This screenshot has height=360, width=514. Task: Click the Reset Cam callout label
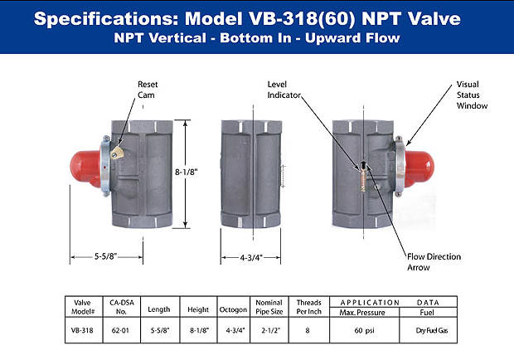pos(148,90)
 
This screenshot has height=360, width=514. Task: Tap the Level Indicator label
pos(284,90)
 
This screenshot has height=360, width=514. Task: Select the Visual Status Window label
pos(472,95)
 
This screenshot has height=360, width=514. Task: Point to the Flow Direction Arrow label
pos(434,262)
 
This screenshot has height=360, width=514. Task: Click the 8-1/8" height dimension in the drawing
pos(186,172)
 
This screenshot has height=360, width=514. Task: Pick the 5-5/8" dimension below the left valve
pos(105,256)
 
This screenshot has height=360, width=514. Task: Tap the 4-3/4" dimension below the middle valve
pos(251,258)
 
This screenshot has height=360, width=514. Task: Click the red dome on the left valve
pos(85,168)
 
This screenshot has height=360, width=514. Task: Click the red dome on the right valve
pos(419,168)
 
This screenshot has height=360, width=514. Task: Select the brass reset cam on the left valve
pos(117,153)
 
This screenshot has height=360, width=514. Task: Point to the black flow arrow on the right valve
pos(363,163)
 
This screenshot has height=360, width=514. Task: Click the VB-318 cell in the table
pos(82,330)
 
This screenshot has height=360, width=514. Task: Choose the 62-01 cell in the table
pos(120,330)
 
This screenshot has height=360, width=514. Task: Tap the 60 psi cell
pos(364,330)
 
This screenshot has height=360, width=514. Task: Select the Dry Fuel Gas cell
pos(431,330)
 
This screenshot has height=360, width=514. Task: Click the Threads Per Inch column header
pos(308,307)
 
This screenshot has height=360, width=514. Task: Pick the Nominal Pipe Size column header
pos(269,307)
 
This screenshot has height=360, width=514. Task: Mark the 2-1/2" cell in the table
pos(270,330)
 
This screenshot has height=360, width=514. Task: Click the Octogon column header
pos(233,309)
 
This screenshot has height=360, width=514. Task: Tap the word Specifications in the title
pos(106,19)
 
